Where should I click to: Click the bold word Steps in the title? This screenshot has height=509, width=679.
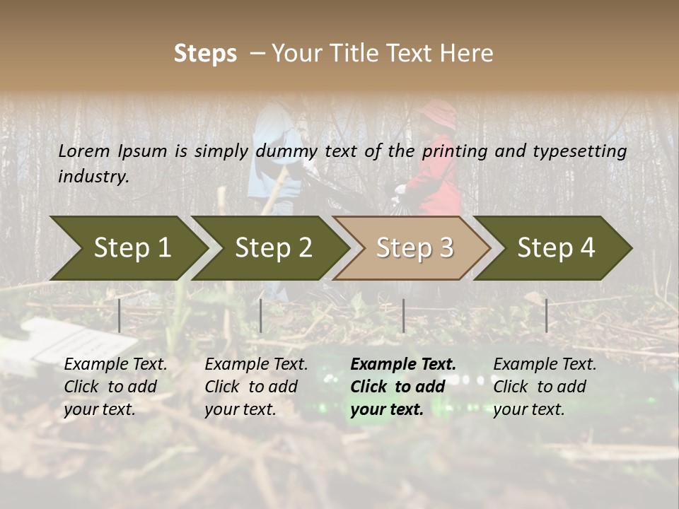click(205, 54)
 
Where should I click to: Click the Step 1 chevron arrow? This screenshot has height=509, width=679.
click(132, 247)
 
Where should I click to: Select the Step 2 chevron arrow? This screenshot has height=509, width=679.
click(273, 247)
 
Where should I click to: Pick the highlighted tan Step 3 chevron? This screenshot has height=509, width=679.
click(414, 247)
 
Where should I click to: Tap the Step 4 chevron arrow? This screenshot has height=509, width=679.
click(556, 247)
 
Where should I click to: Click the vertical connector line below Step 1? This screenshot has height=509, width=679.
click(120, 315)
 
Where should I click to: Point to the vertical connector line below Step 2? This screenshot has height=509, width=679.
click(261, 315)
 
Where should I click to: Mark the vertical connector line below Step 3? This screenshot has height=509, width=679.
click(403, 315)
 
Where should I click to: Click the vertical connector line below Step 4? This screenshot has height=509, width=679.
click(546, 315)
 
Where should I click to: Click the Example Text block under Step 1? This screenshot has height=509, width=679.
click(115, 387)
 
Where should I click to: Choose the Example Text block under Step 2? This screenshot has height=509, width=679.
click(256, 387)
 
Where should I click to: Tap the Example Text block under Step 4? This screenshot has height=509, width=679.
click(545, 387)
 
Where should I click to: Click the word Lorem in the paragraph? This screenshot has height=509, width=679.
click(84, 151)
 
